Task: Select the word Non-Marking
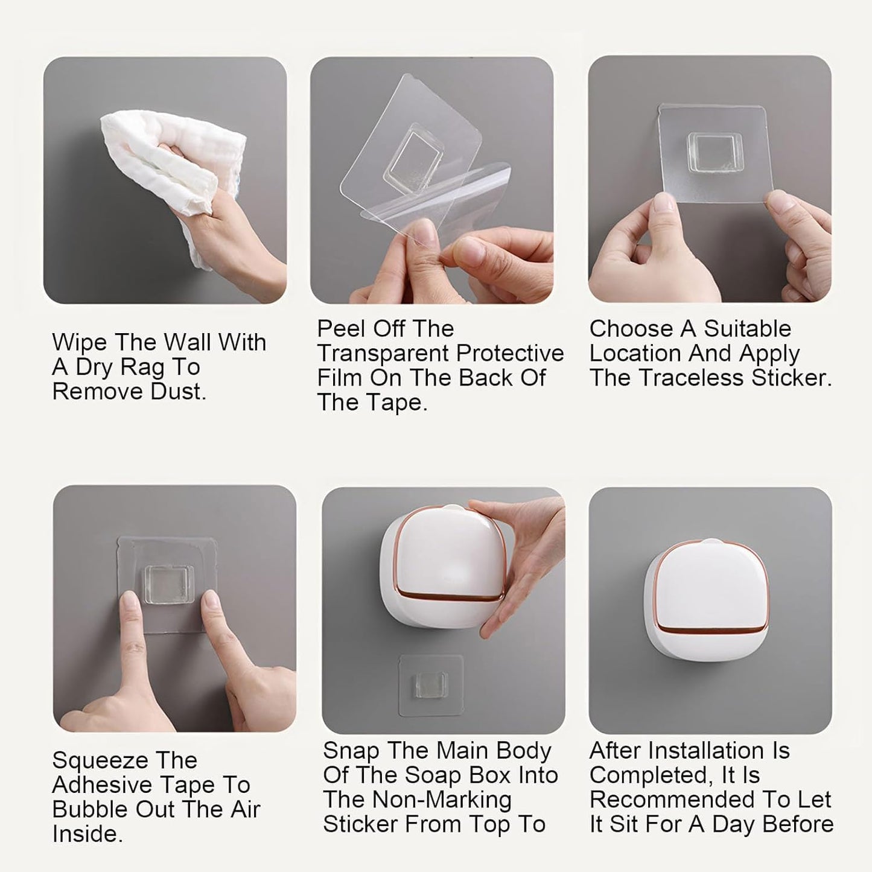[x=442, y=800]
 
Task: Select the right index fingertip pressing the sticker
[x=209, y=600]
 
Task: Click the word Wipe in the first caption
[x=78, y=342]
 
